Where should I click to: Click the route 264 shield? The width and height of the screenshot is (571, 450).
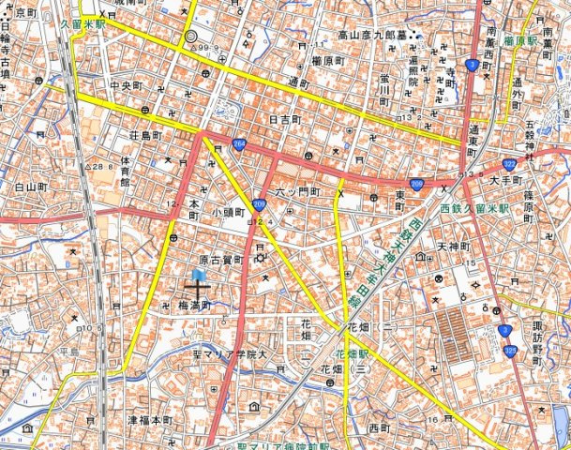pyautogui.click(x=240, y=143)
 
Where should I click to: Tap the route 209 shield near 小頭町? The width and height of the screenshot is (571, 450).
pyautogui.click(x=259, y=202)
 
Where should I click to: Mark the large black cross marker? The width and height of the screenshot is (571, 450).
pyautogui.click(x=197, y=291)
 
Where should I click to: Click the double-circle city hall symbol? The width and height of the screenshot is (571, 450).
pyautogui.click(x=191, y=37)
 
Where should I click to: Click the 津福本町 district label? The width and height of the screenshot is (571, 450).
pyautogui.click(x=151, y=419)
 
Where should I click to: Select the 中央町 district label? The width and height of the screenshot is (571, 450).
pyautogui.click(x=125, y=86)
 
